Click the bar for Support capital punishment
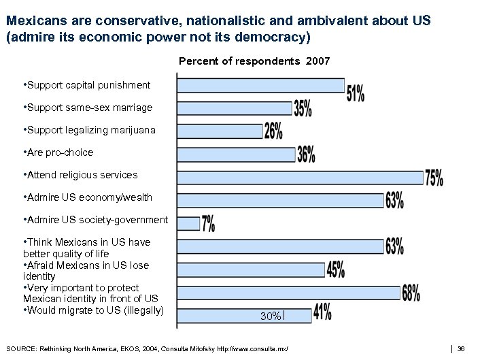[261, 85]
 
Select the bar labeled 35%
[235, 108]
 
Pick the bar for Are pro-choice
[237, 154]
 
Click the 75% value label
[434, 178]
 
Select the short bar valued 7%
[189, 223]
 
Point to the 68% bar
[289, 293]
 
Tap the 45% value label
[336, 270]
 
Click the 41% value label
[322, 312]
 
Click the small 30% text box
[272, 316]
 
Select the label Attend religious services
[80, 175]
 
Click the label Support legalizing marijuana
[89, 130]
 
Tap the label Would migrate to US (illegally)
[94, 311]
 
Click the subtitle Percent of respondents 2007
[254, 61]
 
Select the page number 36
[461, 349]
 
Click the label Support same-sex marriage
[88, 108]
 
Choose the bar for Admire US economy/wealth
[281, 200]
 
